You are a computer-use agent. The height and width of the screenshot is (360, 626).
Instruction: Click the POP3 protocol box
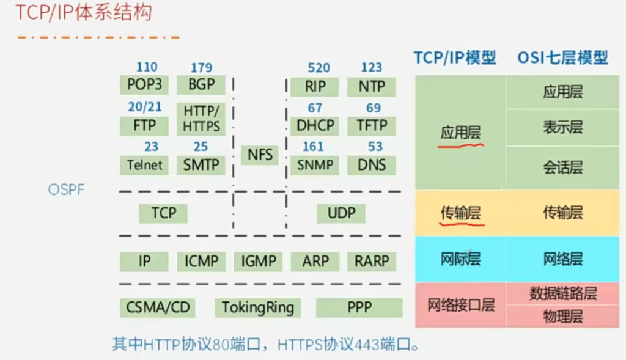[x=144, y=84]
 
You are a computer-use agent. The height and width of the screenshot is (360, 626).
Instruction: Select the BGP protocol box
[x=201, y=84]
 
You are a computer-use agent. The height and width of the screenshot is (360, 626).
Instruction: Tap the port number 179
[x=201, y=67]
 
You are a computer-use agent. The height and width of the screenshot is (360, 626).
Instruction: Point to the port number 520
[x=319, y=68]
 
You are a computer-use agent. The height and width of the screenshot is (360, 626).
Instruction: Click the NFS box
[x=260, y=155]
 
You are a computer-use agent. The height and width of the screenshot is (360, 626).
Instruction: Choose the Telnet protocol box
[x=144, y=165]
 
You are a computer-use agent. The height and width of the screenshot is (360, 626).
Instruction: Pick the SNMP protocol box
[x=315, y=165]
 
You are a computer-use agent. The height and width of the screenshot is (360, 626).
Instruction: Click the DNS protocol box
[x=371, y=165]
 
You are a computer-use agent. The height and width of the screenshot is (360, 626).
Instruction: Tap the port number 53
[x=375, y=147]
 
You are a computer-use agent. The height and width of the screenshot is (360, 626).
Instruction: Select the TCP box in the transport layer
[x=163, y=213]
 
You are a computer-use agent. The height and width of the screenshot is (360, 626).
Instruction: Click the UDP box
[x=341, y=213]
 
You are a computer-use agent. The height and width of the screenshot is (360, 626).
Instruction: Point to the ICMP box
[x=201, y=262]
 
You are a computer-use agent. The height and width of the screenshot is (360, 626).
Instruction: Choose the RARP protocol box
[x=371, y=262]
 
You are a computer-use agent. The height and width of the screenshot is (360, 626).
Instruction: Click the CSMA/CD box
[x=158, y=307]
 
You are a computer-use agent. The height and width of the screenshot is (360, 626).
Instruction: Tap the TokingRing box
[x=258, y=307]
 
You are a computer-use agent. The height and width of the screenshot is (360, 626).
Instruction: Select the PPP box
[x=359, y=307]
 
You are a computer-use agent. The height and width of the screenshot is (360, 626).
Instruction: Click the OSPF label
[x=66, y=189]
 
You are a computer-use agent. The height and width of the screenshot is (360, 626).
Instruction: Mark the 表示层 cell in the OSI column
[x=562, y=127]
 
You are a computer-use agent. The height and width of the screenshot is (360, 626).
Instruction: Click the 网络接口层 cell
[x=461, y=306]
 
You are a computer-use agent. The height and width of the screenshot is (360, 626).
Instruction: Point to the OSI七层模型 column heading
[x=562, y=58]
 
